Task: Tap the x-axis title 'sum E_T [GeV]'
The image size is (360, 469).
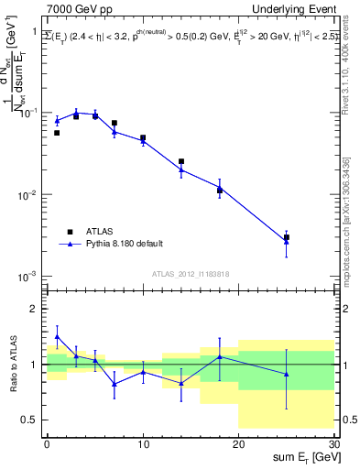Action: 302,455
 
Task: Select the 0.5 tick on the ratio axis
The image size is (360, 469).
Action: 33,420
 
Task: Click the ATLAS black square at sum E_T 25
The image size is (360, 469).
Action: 287,237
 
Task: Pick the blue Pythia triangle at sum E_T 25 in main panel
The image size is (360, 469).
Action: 287,242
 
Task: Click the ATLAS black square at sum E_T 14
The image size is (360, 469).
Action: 181,161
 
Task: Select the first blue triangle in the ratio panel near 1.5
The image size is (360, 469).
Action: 57,336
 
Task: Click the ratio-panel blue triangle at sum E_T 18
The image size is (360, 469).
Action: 220,356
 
